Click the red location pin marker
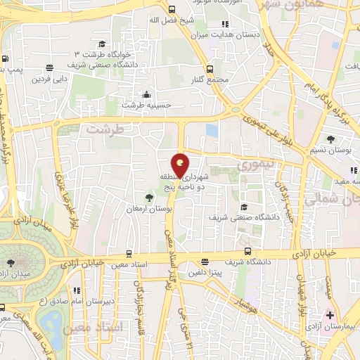[180, 165]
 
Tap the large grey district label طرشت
[105, 130]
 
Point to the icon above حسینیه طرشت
[146, 94]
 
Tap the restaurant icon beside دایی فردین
[49, 68]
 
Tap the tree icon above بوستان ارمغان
[148, 197]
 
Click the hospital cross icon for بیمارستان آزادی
[330, 315]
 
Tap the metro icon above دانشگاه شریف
[247, 250]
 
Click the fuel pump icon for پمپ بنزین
[6, 59]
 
